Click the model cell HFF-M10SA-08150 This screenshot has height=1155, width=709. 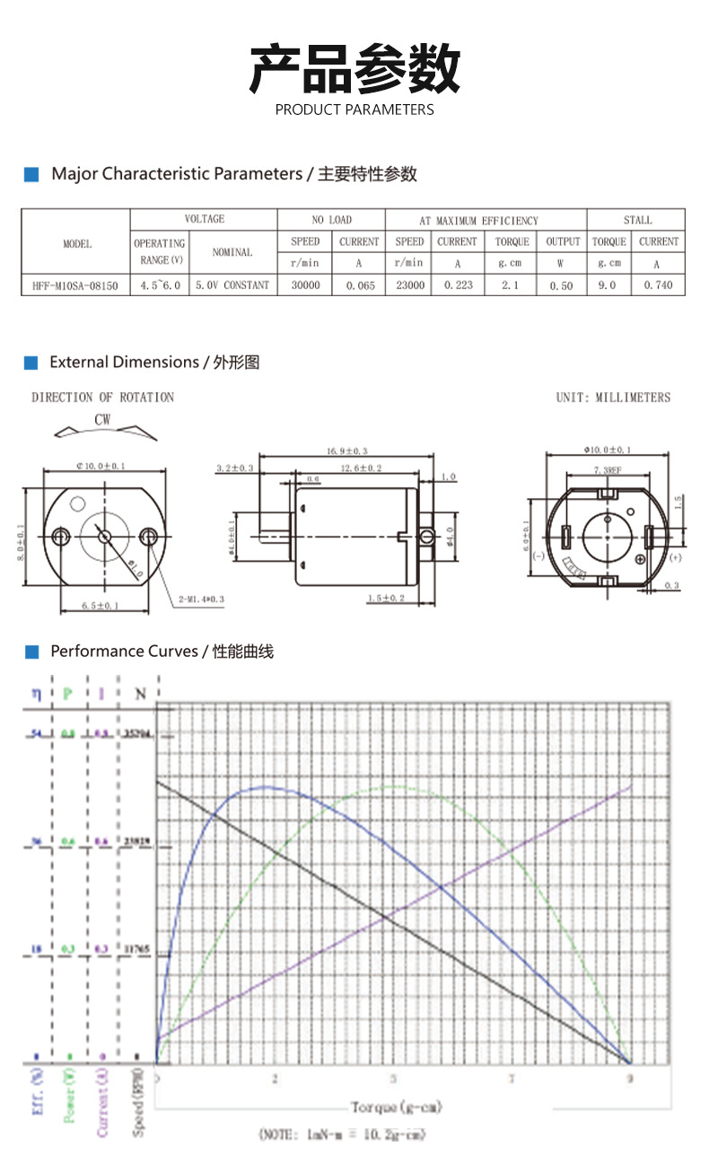click(x=76, y=285)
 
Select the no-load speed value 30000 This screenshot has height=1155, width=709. click(x=305, y=285)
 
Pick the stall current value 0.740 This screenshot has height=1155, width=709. click(x=658, y=285)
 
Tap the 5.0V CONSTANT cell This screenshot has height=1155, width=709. click(x=232, y=285)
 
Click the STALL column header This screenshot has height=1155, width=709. click(x=637, y=220)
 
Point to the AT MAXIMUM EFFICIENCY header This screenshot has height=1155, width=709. click(x=478, y=221)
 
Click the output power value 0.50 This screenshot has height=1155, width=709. click(x=561, y=285)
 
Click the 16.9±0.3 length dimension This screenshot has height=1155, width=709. click(x=347, y=451)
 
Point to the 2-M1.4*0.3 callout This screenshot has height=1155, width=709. click(x=201, y=597)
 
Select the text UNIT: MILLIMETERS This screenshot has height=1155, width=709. click(x=613, y=398)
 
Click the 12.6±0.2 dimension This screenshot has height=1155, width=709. click(x=361, y=468)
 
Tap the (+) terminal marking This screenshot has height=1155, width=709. click(x=675, y=557)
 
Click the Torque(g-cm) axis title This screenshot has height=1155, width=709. click(x=396, y=1107)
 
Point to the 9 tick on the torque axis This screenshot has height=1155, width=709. click(x=629, y=1078)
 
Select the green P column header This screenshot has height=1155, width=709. click(x=68, y=694)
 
